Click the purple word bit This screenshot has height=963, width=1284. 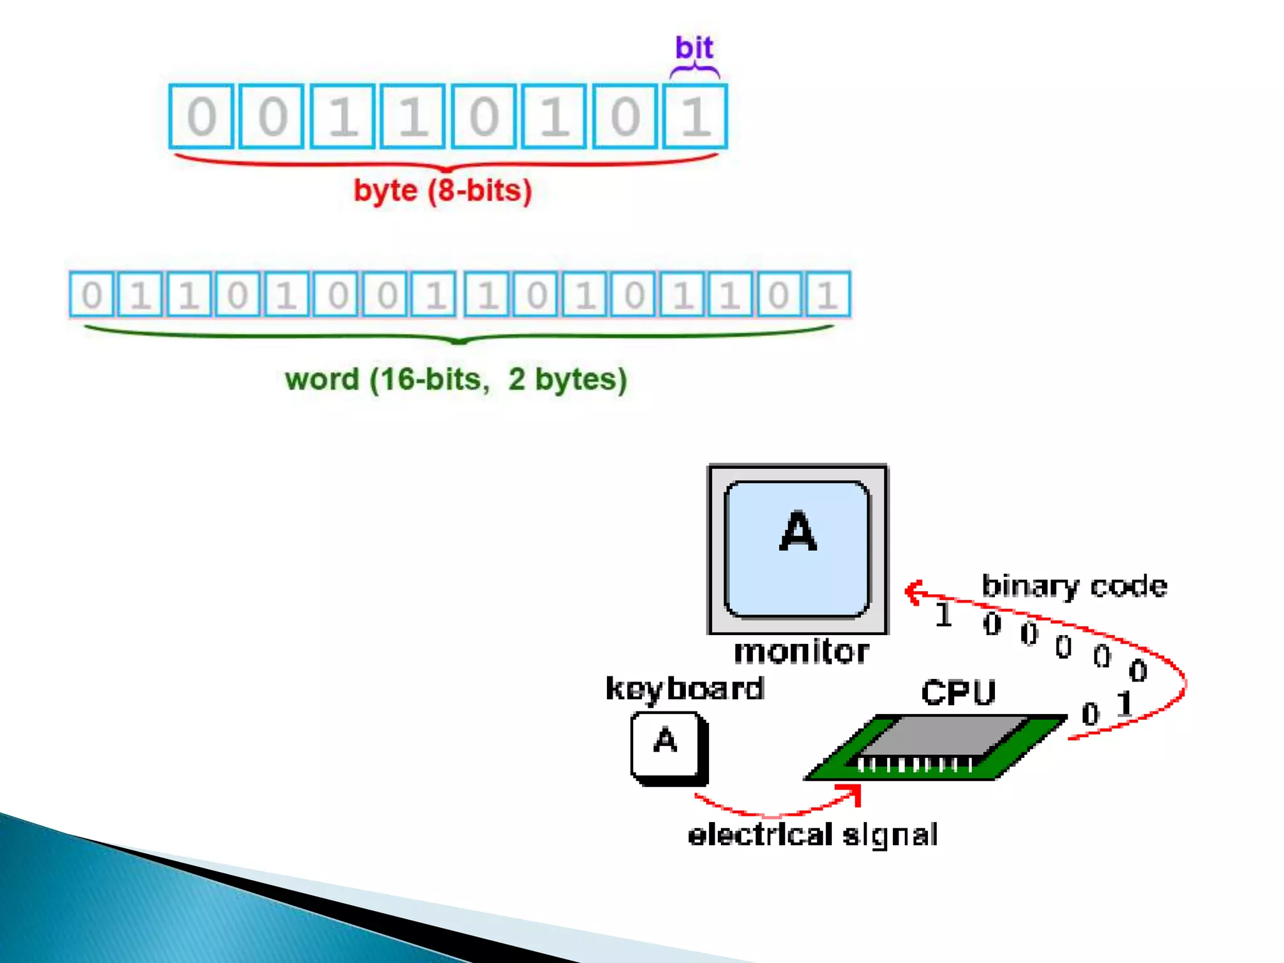[x=694, y=48]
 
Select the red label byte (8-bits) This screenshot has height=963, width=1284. [x=443, y=191]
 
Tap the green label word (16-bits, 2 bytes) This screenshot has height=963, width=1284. [x=456, y=379]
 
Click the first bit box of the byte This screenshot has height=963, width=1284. [x=201, y=117]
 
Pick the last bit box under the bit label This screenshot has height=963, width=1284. [x=695, y=117]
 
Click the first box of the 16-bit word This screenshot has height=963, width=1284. [x=92, y=294]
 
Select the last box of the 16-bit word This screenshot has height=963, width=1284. [x=828, y=294]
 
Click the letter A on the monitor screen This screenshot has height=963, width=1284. [x=797, y=532]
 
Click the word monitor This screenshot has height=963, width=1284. [x=801, y=652]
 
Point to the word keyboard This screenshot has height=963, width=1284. [x=685, y=689]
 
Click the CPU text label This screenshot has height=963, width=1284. [x=958, y=693]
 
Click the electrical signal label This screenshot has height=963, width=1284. [x=813, y=835]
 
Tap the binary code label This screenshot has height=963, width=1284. [x=1074, y=586]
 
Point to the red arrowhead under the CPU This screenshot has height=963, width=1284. [x=855, y=794]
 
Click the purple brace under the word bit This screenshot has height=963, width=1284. [x=695, y=70]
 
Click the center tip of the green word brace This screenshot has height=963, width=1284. [x=459, y=342]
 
